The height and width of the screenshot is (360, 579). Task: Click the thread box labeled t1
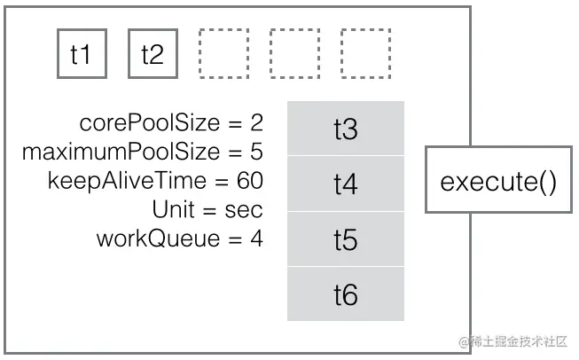click(82, 54)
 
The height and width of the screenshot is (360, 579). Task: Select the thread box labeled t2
click(153, 54)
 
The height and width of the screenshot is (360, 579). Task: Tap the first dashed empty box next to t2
click(223, 54)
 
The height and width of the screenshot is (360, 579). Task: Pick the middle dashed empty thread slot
click(294, 54)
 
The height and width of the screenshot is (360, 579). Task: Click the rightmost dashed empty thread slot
click(365, 54)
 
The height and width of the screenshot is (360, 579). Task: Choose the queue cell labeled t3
click(345, 129)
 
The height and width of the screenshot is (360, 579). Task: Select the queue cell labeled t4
click(345, 184)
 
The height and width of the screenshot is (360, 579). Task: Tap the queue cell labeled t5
click(345, 239)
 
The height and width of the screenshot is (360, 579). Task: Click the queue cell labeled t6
click(345, 294)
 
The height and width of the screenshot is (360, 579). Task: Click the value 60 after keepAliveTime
click(250, 180)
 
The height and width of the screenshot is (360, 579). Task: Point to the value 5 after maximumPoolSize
click(257, 152)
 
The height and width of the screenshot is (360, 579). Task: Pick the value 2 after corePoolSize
click(257, 123)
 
